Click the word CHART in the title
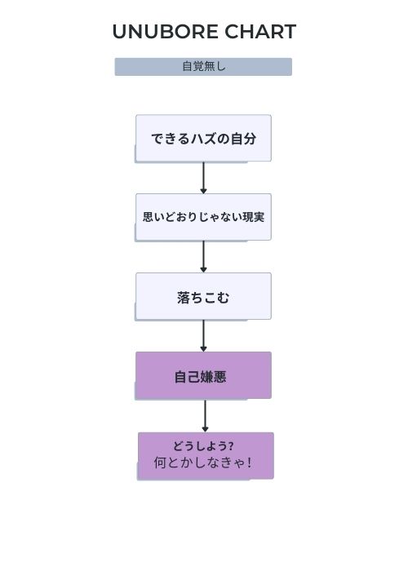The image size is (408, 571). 260,32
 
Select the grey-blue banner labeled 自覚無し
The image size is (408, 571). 203,67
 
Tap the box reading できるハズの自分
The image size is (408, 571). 203,139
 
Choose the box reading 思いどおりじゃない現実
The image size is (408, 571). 203,218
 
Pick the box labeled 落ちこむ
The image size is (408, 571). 203,296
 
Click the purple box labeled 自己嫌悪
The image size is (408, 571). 203,375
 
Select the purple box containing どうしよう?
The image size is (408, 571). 206,456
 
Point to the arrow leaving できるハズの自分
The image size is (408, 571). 204,178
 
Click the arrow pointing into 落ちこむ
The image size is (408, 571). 204,257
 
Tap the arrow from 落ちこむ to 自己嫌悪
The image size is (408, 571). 204,336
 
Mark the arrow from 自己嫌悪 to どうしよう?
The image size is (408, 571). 205,416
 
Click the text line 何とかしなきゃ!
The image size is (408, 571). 203,463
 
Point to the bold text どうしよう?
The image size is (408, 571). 203,446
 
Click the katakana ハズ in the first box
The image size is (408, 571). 204,139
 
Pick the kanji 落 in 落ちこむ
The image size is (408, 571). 184,298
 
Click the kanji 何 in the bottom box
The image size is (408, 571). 160,463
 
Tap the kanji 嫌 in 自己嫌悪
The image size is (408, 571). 206,377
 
